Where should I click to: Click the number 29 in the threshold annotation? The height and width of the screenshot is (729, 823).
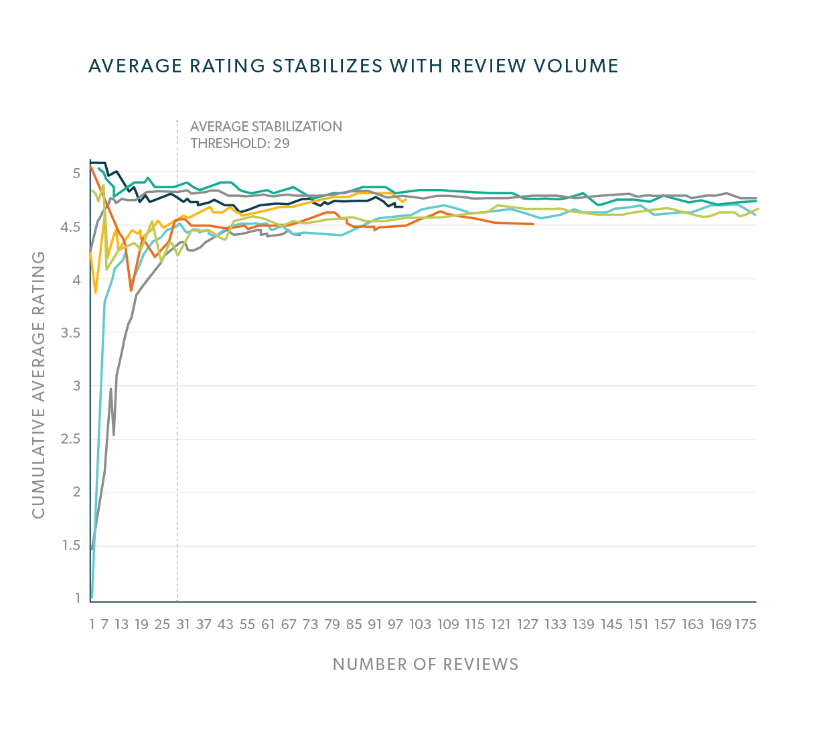click(281, 143)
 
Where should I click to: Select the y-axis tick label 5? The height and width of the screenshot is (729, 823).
click(76, 174)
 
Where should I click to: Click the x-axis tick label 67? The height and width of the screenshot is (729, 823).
click(289, 624)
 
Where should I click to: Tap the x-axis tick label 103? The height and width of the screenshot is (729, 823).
click(420, 624)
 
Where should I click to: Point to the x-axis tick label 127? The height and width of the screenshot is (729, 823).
click(528, 624)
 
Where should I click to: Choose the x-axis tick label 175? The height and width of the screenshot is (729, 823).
click(745, 624)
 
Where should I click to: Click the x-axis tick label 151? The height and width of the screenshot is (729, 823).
click(638, 624)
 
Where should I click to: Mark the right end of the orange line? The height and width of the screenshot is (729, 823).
click(533, 224)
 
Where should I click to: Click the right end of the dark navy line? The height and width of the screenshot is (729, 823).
click(402, 206)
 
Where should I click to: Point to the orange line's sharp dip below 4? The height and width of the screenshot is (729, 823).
click(131, 290)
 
